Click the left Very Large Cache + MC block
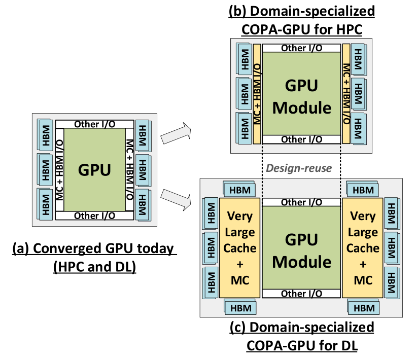[x=240, y=248]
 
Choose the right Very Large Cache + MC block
[x=363, y=248]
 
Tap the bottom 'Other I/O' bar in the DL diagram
[x=301, y=294]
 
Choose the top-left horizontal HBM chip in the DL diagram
[x=239, y=190]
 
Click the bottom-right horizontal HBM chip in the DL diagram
[x=363, y=307]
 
